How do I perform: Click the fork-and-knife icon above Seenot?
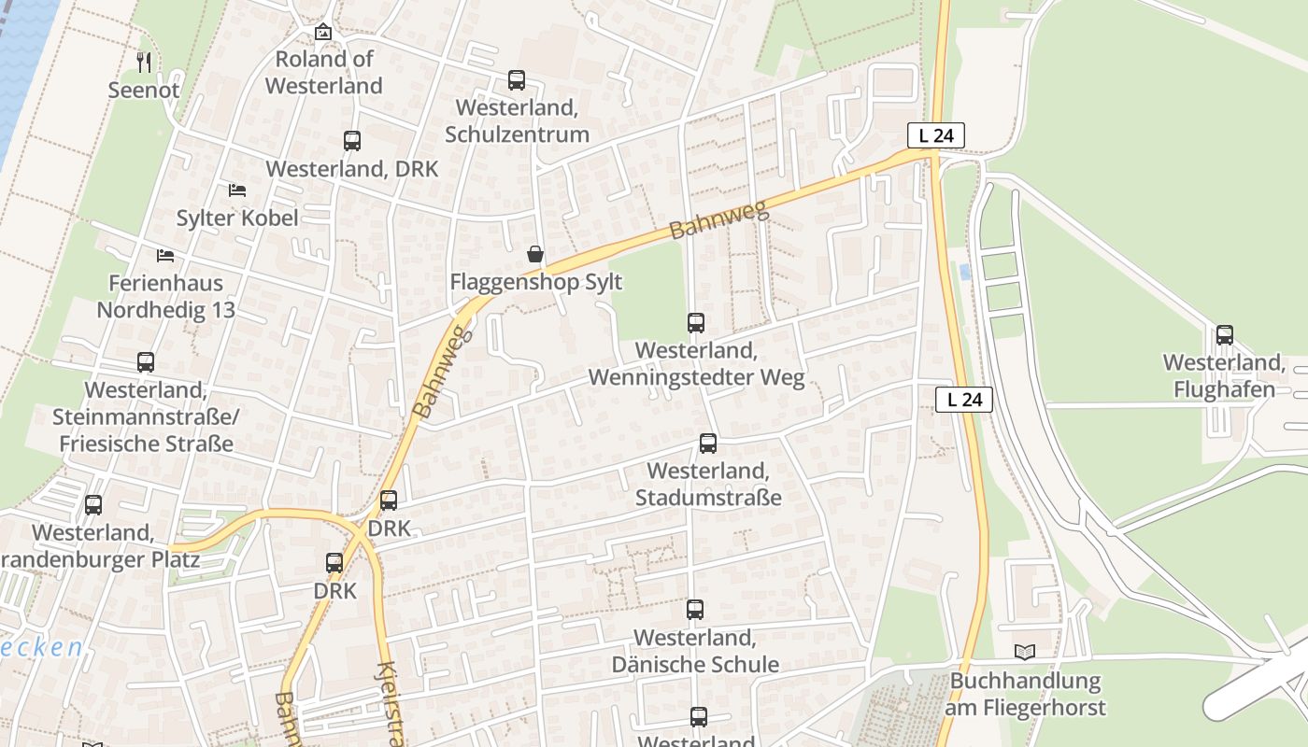click(x=143, y=63)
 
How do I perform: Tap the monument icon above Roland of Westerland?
click(x=322, y=32)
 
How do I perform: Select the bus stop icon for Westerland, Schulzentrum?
click(x=517, y=80)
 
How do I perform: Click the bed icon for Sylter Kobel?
click(x=237, y=190)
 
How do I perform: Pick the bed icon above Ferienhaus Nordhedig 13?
click(x=165, y=255)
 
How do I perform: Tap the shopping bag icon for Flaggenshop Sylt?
click(x=535, y=254)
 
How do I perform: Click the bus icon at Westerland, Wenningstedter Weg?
click(x=696, y=323)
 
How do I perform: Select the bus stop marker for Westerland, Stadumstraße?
click(x=708, y=444)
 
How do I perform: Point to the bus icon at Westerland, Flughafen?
click(x=1224, y=335)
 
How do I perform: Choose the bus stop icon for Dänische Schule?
click(x=694, y=610)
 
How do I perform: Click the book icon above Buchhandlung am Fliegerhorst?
click(x=1025, y=653)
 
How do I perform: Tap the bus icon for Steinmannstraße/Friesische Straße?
click(x=146, y=362)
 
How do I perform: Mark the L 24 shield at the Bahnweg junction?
click(x=935, y=135)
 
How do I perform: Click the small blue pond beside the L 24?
click(x=965, y=272)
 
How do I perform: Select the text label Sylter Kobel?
click(x=237, y=218)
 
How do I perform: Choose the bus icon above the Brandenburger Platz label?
click(x=93, y=505)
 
